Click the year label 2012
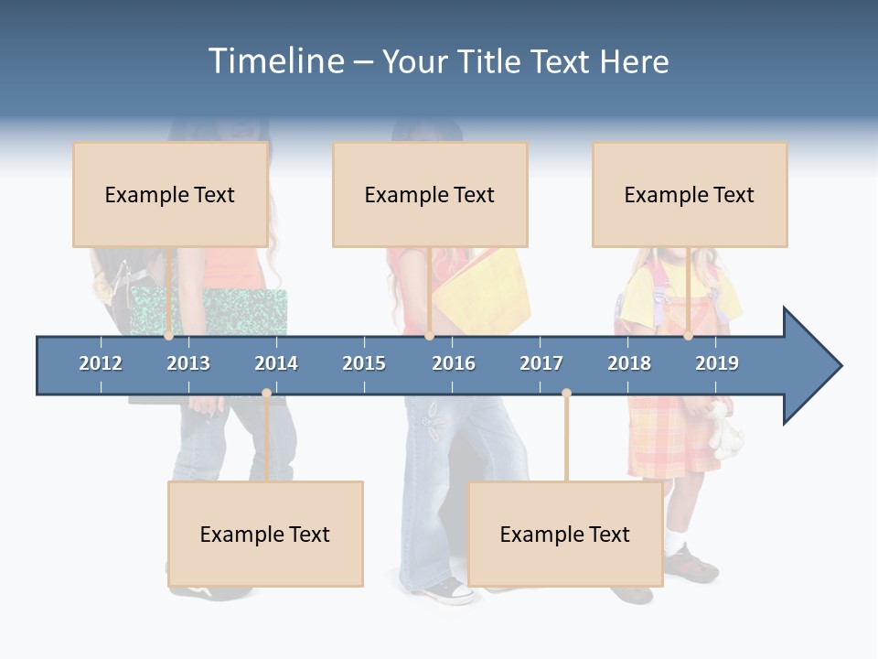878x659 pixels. click(101, 363)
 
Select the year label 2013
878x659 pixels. click(188, 363)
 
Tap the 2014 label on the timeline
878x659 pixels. click(276, 363)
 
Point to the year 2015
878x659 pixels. click(364, 363)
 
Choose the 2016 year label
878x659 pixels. click(454, 363)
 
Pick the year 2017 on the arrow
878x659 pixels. click(541, 363)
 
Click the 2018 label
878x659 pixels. click(629, 363)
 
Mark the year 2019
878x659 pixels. click(717, 363)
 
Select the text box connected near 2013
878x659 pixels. click(170, 194)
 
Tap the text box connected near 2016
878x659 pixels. click(430, 194)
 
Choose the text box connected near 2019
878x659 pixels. click(690, 194)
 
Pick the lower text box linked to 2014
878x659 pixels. click(265, 534)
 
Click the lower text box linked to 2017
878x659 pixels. click(565, 534)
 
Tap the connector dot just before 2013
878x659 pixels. click(168, 336)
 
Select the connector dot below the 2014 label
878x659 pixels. click(266, 394)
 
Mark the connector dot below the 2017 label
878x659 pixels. click(566, 394)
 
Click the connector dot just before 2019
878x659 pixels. click(688, 336)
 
